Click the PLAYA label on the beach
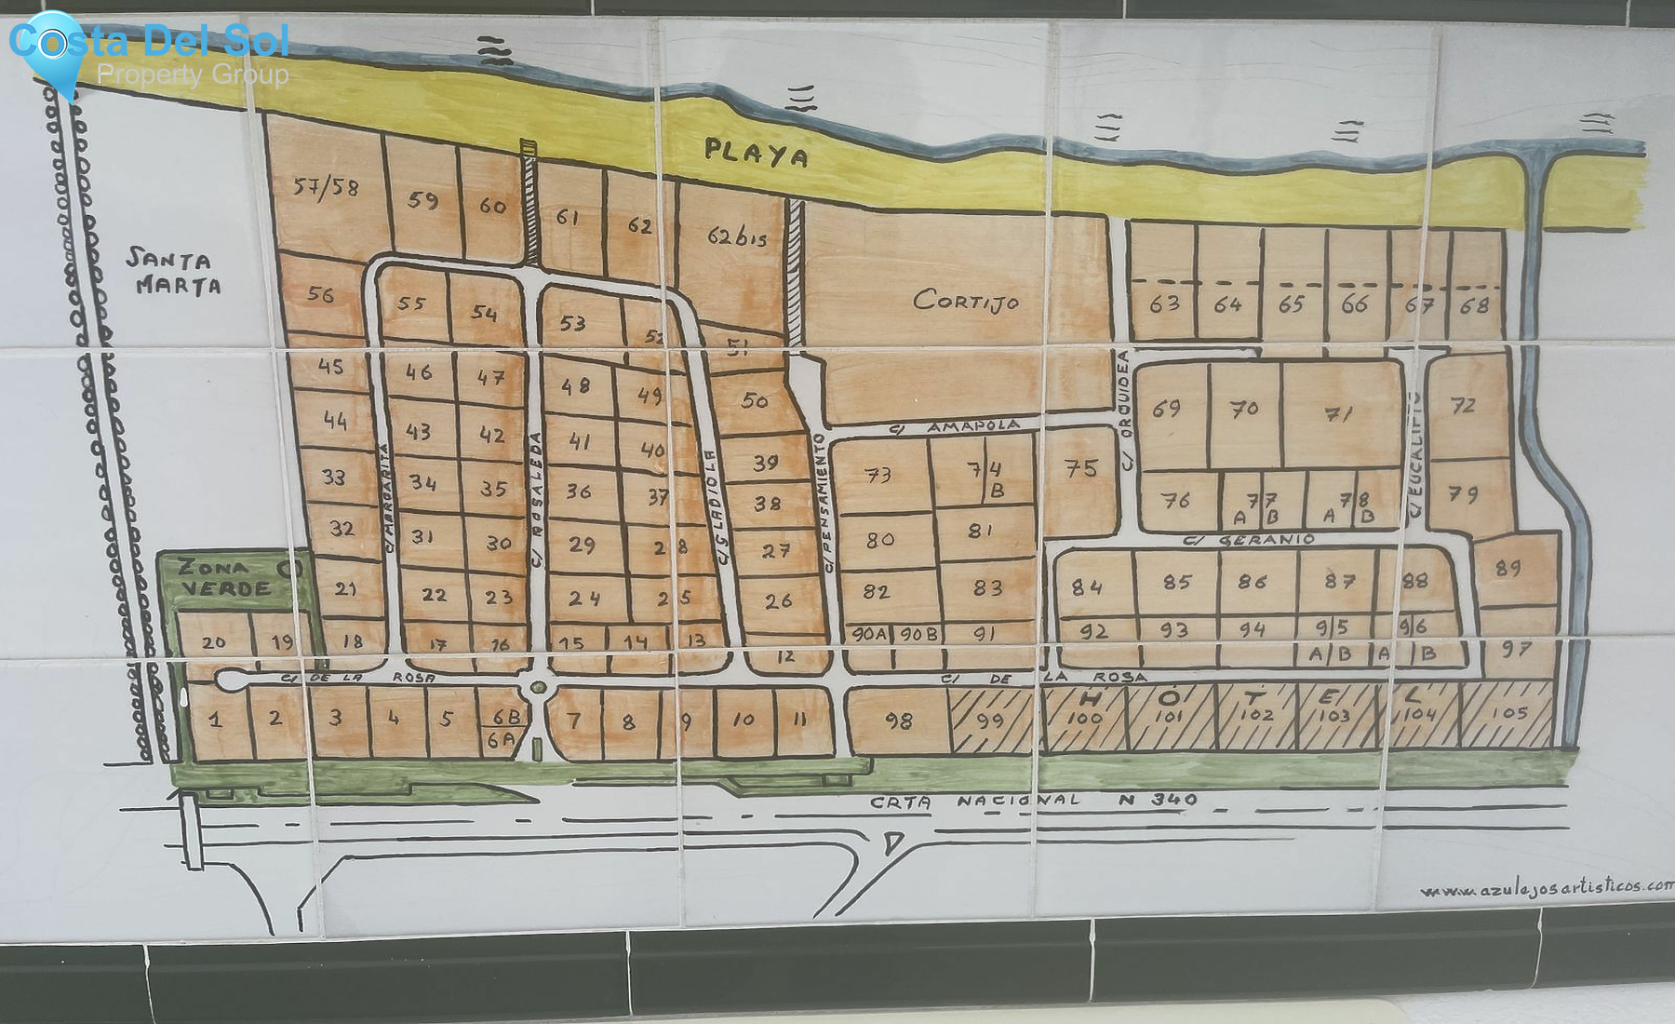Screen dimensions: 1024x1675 (756, 152)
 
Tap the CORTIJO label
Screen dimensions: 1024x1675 (966, 300)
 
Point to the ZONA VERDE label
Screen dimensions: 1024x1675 (225, 577)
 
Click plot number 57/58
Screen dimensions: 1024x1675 (326, 187)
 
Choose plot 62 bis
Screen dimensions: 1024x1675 (737, 236)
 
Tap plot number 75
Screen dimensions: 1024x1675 (1080, 468)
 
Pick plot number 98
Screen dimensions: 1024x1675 (898, 721)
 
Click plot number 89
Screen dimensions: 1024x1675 (1507, 568)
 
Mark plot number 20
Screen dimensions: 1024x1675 (214, 641)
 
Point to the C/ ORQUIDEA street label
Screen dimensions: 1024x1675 (1124, 410)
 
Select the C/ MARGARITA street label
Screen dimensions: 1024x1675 (387, 497)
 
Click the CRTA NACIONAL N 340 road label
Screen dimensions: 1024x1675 (1033, 800)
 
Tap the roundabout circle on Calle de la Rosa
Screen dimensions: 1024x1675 (537, 688)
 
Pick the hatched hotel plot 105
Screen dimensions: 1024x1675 (1508, 714)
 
